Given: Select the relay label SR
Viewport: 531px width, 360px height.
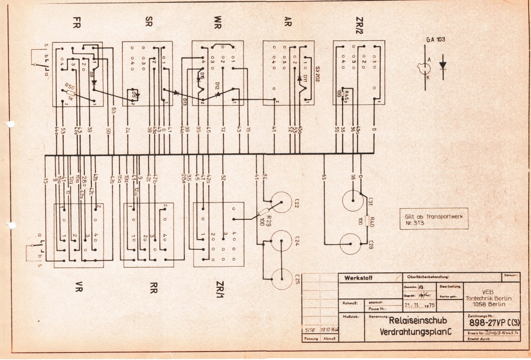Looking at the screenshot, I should click(148, 22).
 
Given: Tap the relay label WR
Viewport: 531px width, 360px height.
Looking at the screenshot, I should click(218, 22).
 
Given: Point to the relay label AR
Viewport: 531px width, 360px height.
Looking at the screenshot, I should click(288, 22).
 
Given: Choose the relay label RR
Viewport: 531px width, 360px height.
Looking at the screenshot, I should click(153, 287).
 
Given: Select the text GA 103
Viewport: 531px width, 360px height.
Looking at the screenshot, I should click(435, 40).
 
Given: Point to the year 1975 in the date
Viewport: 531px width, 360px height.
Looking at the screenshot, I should click(428, 305).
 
